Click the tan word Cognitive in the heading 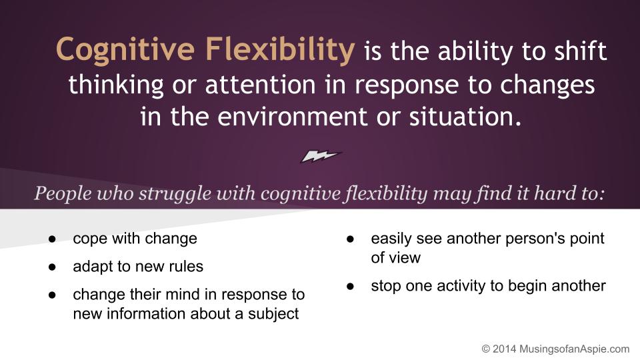point(125,51)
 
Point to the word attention point(261,85)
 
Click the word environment point(292,117)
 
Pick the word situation point(465,116)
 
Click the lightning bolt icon point(321,155)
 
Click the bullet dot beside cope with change point(52,239)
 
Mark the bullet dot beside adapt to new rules point(52,267)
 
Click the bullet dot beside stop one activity point(350,287)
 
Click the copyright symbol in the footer point(486,349)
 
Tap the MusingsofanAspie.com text point(574,349)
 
